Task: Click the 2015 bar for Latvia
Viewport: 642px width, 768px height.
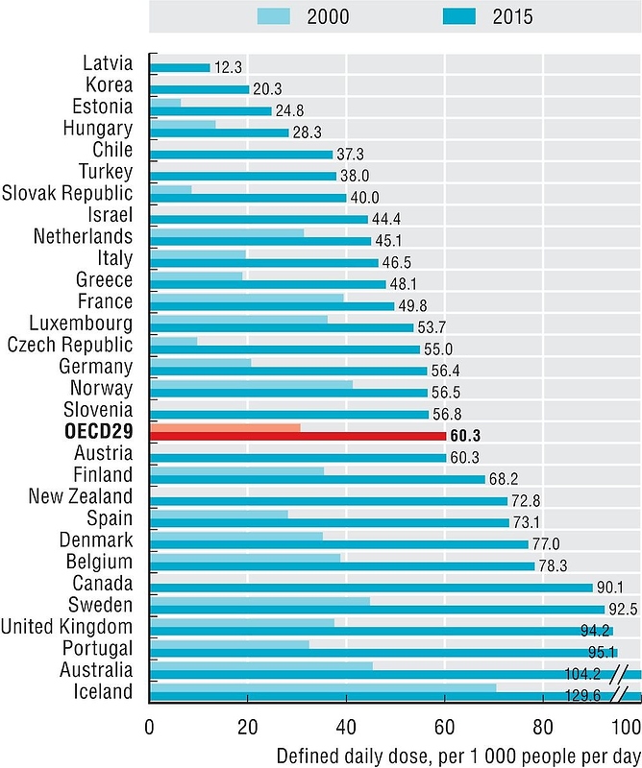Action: coord(180,67)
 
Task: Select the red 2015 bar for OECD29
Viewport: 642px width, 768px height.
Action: coord(298,436)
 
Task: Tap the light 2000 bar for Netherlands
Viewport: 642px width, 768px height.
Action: coord(227,232)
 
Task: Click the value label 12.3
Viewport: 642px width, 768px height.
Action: coord(229,67)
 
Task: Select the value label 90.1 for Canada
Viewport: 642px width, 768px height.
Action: coord(612,588)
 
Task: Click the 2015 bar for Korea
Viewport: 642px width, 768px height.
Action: coord(199,88)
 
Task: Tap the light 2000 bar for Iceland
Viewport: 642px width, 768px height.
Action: coord(323,687)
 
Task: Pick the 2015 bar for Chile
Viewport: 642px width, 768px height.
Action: coord(241,154)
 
